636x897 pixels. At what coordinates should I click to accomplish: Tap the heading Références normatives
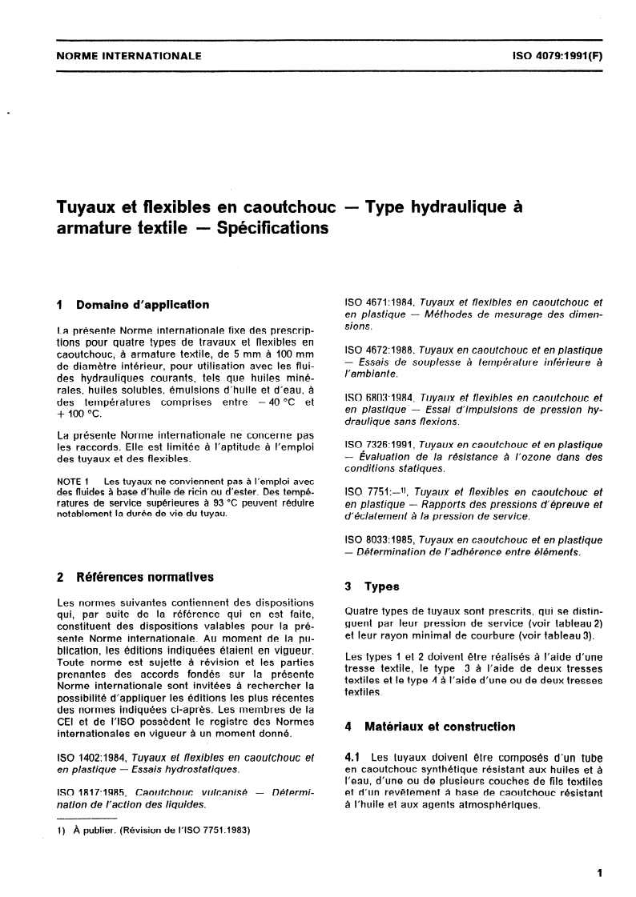(146, 576)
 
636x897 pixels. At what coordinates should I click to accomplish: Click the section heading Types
(383, 587)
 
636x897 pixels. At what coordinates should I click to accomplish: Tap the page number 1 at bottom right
(598, 873)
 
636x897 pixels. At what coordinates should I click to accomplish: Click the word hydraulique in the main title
(453, 207)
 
